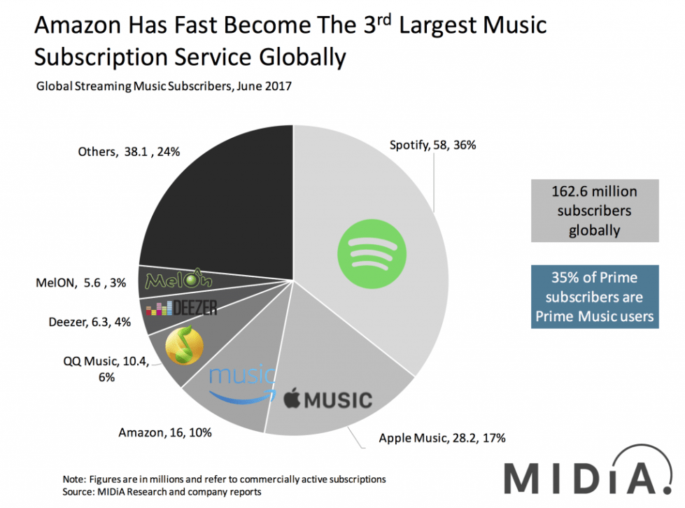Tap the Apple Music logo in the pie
point(327,400)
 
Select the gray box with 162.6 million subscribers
point(594,210)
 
